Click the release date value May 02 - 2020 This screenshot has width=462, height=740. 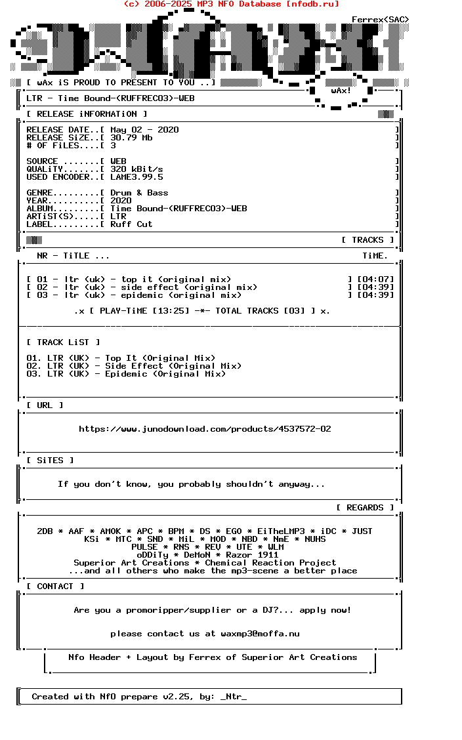pos(144,130)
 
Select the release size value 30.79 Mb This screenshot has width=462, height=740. pos(131,138)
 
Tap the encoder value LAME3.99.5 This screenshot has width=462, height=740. pos(136,177)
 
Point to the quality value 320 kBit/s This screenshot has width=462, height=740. pos(136,169)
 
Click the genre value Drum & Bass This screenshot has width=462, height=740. pos(139,193)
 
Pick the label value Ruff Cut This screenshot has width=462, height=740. pos(131,224)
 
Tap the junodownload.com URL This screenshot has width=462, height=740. pos(205,429)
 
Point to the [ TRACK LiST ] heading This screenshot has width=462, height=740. pos(63,342)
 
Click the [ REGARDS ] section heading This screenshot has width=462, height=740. pos(365,508)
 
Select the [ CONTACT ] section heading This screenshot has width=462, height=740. pos(55,586)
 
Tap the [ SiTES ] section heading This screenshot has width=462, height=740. pos(50,461)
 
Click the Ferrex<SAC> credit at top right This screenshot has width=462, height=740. pos(381,20)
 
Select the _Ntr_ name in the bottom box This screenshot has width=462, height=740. pos(234,697)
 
